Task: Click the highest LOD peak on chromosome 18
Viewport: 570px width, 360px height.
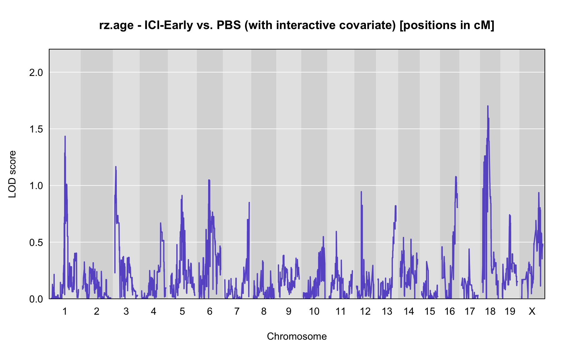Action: pyautogui.click(x=487, y=106)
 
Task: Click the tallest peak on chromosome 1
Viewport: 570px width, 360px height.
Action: pyautogui.click(x=65, y=136)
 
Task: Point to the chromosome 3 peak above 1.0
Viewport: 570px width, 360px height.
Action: pyautogui.click(x=116, y=167)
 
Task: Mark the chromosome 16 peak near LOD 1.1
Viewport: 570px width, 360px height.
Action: pyautogui.click(x=456, y=177)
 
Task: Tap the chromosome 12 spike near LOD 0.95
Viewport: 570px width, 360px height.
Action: pyautogui.click(x=361, y=192)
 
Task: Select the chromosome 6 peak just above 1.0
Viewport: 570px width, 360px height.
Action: pyautogui.click(x=209, y=180)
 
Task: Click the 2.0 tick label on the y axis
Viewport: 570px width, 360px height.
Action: pyautogui.click(x=36, y=73)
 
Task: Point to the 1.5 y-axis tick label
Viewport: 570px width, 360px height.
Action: pyautogui.click(x=36, y=129)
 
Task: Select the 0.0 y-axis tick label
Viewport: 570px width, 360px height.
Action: pyautogui.click(x=36, y=299)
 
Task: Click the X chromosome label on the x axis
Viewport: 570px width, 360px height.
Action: pyautogui.click(x=532, y=311)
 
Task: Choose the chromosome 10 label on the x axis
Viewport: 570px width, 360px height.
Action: pyautogui.click(x=314, y=311)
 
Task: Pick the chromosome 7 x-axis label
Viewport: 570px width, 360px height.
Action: pyautogui.click(x=237, y=311)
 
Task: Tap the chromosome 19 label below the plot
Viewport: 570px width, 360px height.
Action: pyautogui.click(x=510, y=311)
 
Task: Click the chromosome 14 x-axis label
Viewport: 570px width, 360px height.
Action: pyautogui.click(x=409, y=311)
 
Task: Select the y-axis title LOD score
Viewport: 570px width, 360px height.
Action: pyautogui.click(x=12, y=174)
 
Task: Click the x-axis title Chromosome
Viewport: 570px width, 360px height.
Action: pyautogui.click(x=297, y=337)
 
